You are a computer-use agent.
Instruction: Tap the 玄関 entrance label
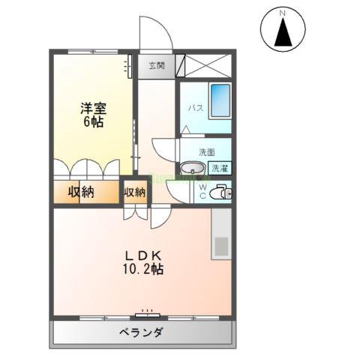[x=156, y=65]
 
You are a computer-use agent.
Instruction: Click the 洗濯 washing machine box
[x=220, y=168]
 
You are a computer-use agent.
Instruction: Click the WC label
[x=202, y=191]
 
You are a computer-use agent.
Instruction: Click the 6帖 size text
[x=93, y=122]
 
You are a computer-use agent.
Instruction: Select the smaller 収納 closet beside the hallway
[x=135, y=193]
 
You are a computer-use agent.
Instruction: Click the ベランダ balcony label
[x=141, y=332]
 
